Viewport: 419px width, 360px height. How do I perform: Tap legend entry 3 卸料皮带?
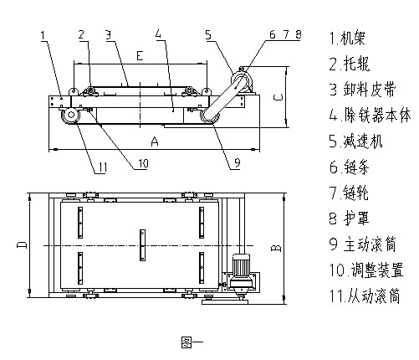[360, 89]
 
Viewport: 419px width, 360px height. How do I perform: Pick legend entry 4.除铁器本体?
[365, 116]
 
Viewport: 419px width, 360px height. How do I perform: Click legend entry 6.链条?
[349, 167]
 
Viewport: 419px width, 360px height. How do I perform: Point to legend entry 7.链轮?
[349, 193]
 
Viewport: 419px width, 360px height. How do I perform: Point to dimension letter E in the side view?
[139, 54]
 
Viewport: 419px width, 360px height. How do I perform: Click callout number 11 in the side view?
[100, 167]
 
